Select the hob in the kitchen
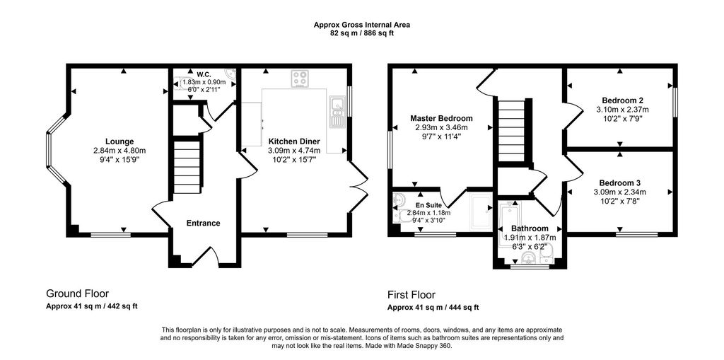(x=300, y=79)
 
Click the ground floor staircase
(x=187, y=163)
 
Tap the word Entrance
(x=203, y=223)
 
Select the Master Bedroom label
(x=441, y=118)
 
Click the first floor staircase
(x=512, y=131)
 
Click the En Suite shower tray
(x=480, y=212)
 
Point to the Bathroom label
(x=530, y=228)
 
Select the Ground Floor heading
(x=78, y=294)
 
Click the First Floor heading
(x=411, y=295)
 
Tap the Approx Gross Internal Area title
(x=362, y=25)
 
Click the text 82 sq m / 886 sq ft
(x=362, y=33)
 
